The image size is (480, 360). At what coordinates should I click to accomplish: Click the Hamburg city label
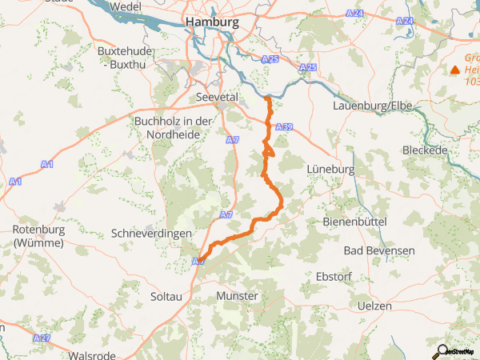pos(211,22)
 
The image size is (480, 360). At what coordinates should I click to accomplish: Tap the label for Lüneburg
pos(330,170)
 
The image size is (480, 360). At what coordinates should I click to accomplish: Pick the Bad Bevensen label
pos(379,250)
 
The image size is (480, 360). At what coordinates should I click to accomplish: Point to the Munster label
pos(237,296)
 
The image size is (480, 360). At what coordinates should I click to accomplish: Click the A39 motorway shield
pos(283,127)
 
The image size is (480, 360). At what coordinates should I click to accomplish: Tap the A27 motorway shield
pos(42,339)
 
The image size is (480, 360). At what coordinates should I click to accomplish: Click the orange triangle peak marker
pos(455,70)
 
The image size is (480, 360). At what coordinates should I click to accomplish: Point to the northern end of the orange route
pos(267,98)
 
